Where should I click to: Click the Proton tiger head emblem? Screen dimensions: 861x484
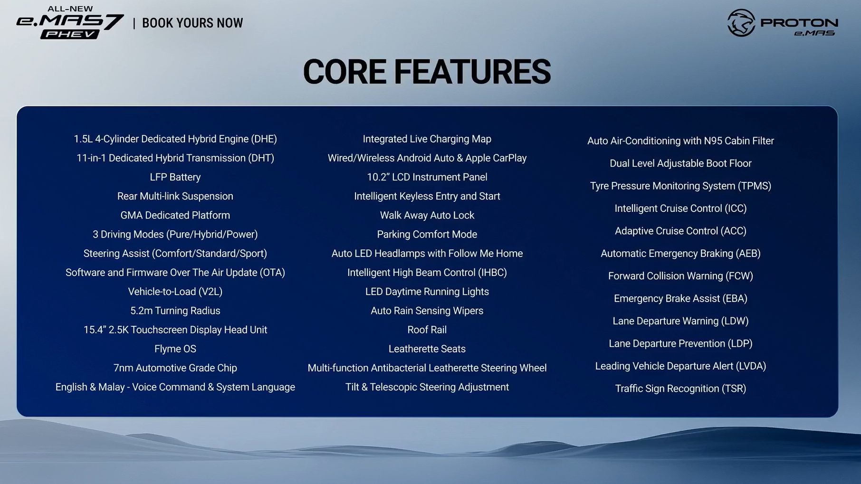tap(741, 23)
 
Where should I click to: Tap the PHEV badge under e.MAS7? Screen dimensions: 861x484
tap(70, 34)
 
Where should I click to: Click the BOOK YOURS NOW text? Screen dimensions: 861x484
tap(192, 23)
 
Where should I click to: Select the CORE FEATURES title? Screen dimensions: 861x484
tap(427, 72)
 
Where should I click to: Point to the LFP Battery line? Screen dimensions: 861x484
tap(175, 177)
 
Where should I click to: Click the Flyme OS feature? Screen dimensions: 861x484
tap(175, 349)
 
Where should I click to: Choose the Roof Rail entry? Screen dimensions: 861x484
tap(427, 330)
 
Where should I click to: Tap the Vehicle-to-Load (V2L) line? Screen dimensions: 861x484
tap(175, 292)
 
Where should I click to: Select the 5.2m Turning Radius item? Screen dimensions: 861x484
tap(175, 311)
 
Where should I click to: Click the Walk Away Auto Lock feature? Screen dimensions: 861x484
tap(427, 215)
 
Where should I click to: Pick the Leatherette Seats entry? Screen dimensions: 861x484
tap(427, 349)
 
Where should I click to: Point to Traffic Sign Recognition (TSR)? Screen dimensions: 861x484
tap(680, 389)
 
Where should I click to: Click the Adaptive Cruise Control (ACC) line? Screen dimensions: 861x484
tap(680, 231)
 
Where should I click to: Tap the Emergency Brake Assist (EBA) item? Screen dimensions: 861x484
tap(680, 298)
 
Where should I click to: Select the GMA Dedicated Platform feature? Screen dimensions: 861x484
tap(175, 215)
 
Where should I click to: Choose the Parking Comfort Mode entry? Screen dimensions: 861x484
tap(427, 235)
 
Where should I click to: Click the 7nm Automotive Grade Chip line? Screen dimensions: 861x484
tap(175, 368)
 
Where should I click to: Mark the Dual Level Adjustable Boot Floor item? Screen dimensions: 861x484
tap(680, 163)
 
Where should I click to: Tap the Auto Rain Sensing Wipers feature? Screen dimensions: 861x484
tap(427, 311)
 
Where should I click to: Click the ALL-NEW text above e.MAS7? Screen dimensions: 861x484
tap(70, 9)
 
